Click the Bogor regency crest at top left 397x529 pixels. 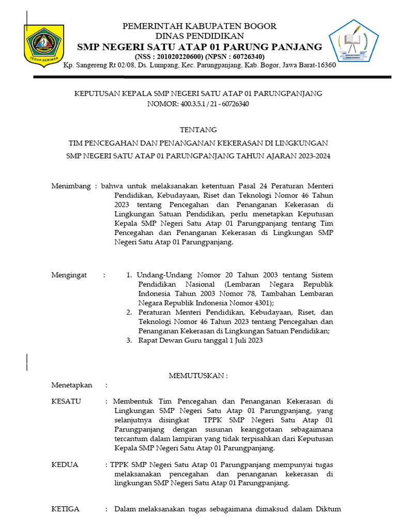(44, 43)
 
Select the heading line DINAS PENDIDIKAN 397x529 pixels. (200, 36)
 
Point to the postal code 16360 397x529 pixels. (325, 66)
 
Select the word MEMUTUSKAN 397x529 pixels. (197, 376)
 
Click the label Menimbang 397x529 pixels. (71, 186)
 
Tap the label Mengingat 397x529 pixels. (69, 275)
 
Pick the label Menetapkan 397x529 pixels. (71, 385)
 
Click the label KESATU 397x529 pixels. (66, 401)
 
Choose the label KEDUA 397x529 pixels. (65, 464)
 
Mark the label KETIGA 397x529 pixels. (66, 509)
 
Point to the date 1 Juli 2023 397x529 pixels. (246, 340)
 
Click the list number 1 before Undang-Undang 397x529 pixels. (129, 275)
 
